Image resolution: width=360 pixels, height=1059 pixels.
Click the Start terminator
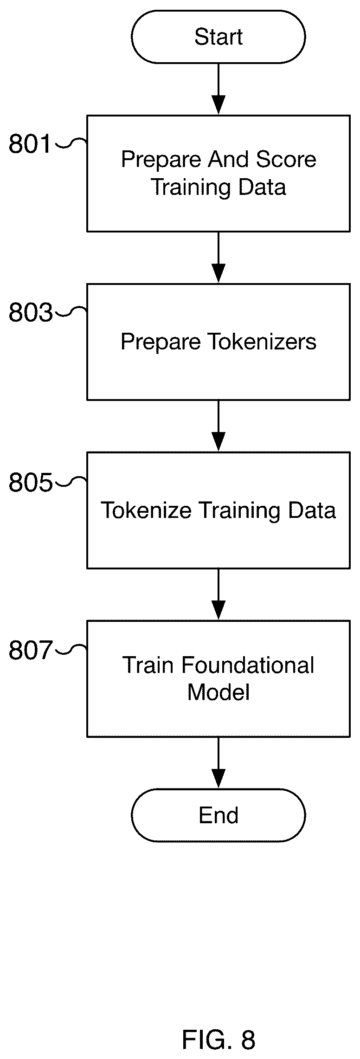click(x=218, y=37)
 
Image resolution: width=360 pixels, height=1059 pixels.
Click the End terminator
click(x=218, y=815)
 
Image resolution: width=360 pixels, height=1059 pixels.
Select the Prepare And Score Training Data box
click(x=219, y=174)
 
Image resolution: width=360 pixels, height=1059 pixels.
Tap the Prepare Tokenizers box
click(x=219, y=342)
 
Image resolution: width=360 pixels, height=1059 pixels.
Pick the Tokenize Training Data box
click(x=219, y=510)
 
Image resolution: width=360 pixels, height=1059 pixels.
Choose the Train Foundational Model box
click(x=219, y=679)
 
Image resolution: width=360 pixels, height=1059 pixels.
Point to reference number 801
click(x=30, y=144)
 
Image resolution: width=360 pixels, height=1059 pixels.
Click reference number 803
click(x=30, y=313)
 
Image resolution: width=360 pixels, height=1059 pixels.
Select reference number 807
click(x=30, y=651)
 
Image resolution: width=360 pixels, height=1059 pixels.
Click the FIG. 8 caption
click(x=218, y=1026)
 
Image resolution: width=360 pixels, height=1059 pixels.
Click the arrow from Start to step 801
click(x=218, y=89)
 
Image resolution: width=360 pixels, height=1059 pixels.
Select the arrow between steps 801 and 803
click(x=218, y=258)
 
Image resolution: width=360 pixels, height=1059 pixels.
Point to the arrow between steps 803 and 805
click(x=218, y=426)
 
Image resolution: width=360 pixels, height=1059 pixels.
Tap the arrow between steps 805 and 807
click(x=218, y=594)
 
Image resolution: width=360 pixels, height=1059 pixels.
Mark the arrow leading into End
click(x=218, y=763)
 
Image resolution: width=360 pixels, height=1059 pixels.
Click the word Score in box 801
click(x=286, y=160)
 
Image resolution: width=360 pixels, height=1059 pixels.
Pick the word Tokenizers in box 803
click(x=262, y=342)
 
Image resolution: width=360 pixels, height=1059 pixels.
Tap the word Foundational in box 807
click(x=248, y=665)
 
